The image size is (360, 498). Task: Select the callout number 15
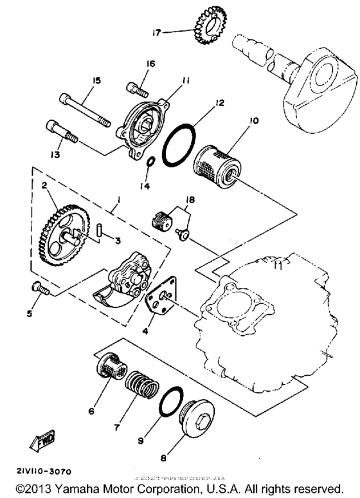tap(97, 80)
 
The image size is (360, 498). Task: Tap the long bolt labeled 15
tap(87, 107)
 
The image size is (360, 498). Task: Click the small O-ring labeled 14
tap(149, 161)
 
